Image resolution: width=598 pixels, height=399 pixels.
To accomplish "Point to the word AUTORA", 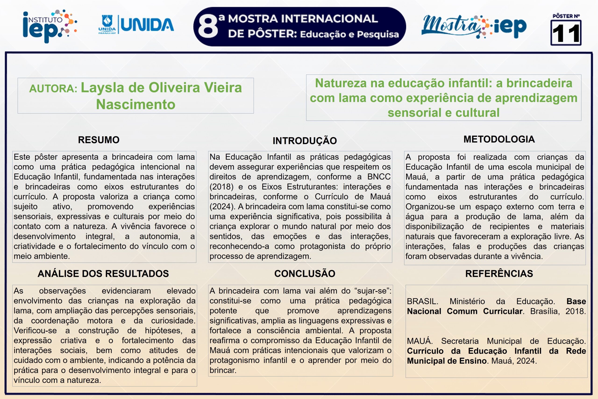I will tap(53, 89).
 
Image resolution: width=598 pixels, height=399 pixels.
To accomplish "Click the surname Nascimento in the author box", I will tap(135, 104).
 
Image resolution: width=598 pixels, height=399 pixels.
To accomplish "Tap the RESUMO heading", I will tap(99, 140).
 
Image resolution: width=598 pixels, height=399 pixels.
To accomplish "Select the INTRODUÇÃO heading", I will tap(305, 141).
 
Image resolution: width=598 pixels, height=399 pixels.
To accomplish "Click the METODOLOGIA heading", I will tap(499, 139).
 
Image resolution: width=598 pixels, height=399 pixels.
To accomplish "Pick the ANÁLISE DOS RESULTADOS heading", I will tap(103, 273).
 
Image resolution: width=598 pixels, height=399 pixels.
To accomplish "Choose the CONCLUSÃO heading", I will tap(305, 273).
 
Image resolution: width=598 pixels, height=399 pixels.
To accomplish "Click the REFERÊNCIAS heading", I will tap(499, 273).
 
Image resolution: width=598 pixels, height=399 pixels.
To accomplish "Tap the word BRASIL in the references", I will tap(422, 301).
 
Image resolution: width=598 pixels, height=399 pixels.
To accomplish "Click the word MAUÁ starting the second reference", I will tap(420, 341).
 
